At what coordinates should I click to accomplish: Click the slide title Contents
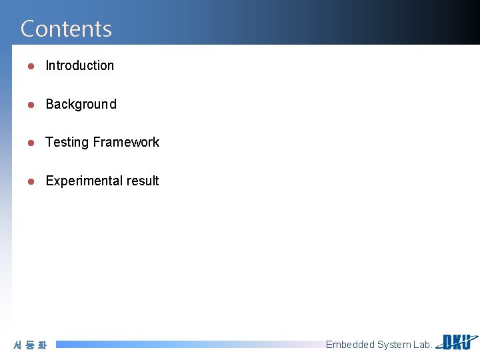point(66,29)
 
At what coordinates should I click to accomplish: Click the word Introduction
point(79,65)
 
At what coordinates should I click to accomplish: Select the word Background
point(81,104)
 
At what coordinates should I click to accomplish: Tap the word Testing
point(67,142)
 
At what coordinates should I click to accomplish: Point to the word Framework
point(126,142)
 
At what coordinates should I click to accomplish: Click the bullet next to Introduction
point(30,66)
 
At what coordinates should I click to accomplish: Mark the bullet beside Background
point(30,105)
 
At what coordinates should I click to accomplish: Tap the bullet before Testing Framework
point(30,143)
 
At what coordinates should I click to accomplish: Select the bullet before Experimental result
point(30,181)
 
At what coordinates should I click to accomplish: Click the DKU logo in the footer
point(457,342)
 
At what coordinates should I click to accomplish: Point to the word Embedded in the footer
point(349,345)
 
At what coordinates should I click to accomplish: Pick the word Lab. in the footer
point(422,345)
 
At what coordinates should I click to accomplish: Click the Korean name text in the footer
point(30,345)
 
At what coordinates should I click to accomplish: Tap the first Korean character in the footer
point(18,345)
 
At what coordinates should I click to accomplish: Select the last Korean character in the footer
point(42,345)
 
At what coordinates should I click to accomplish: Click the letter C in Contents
point(27,29)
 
